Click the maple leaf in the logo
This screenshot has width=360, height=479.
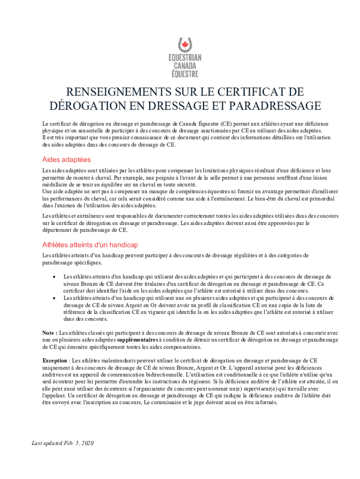tap(184, 45)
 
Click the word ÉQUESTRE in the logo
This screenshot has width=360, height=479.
tap(185, 74)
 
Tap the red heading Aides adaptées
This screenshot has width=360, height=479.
tap(66, 160)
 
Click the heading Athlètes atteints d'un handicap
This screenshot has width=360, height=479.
tap(90, 245)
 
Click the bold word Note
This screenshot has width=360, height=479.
tap(50, 333)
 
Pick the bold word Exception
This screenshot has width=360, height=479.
tap(55, 361)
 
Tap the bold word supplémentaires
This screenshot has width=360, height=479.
tap(137, 340)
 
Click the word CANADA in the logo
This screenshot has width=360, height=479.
tap(185, 66)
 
